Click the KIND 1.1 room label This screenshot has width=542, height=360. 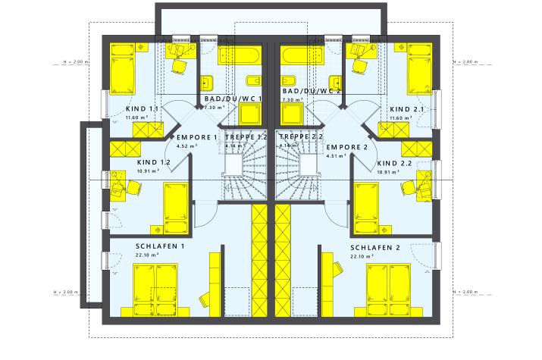142,109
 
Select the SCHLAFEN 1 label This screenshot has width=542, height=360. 160,247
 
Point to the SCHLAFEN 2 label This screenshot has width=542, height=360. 375,247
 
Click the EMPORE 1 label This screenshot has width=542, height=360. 197,137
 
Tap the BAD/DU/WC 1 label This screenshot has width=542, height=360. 233,99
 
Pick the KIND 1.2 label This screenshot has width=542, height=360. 154,162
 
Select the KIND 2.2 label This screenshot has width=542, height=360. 394,162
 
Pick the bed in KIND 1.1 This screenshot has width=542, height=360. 121,68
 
